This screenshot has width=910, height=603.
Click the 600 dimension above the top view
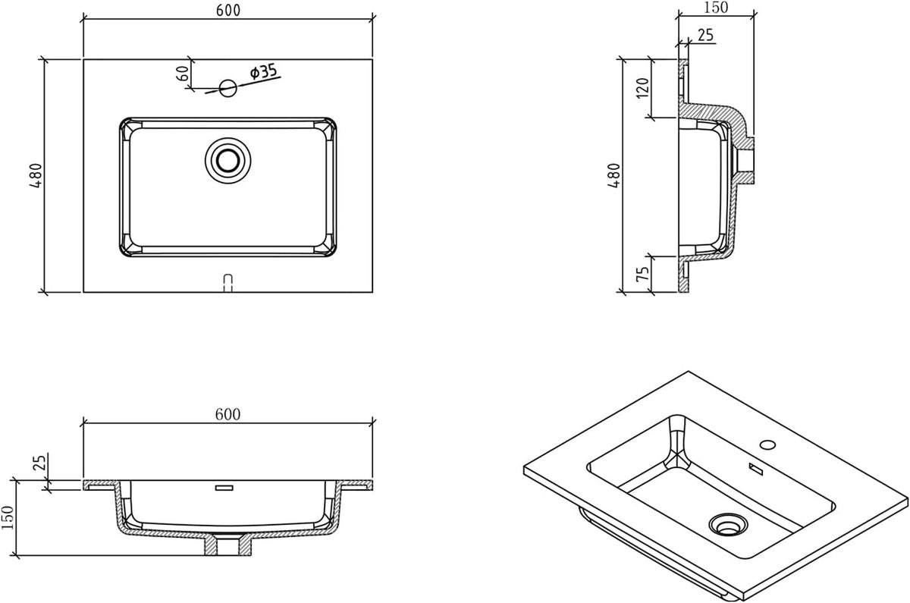point(228,10)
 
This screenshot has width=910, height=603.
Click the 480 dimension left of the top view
point(36,175)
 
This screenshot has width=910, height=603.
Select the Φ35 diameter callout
point(264,71)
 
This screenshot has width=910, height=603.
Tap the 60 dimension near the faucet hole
point(184,73)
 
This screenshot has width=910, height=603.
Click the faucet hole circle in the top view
point(228,88)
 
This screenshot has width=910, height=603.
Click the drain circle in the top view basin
point(228,160)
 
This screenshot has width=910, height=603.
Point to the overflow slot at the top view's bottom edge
point(228,283)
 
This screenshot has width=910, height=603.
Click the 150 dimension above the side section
point(715,8)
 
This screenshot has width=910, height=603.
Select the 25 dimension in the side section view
point(706,35)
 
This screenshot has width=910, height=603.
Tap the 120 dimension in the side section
point(643,88)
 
